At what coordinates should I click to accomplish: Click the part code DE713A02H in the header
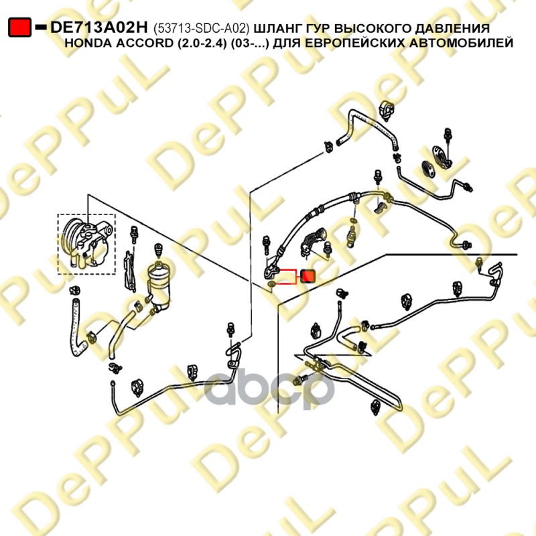(x=99, y=27)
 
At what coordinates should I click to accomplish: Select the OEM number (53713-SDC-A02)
(x=202, y=28)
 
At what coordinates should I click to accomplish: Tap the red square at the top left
(x=20, y=27)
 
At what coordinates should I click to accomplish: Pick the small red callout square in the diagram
(x=308, y=276)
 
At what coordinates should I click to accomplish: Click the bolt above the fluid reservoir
(x=158, y=251)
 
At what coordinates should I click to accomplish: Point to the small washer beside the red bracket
(x=271, y=284)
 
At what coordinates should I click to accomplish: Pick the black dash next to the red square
(x=41, y=27)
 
